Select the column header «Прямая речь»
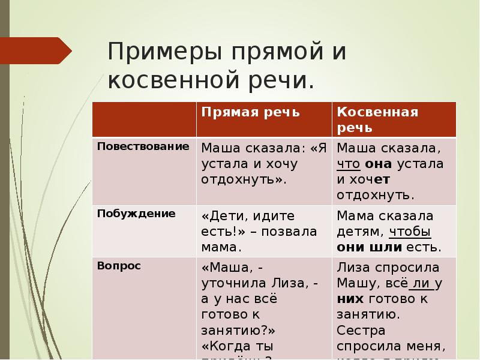click(250, 112)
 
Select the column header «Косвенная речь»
click(377, 119)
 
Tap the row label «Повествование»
click(143, 146)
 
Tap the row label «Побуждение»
click(136, 213)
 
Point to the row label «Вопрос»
click(119, 266)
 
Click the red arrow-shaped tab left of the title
click(36, 51)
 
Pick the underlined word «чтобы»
click(410, 231)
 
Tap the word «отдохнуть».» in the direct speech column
click(244, 179)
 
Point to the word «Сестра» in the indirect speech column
click(361, 329)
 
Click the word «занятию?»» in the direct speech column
click(238, 329)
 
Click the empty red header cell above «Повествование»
click(144, 119)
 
